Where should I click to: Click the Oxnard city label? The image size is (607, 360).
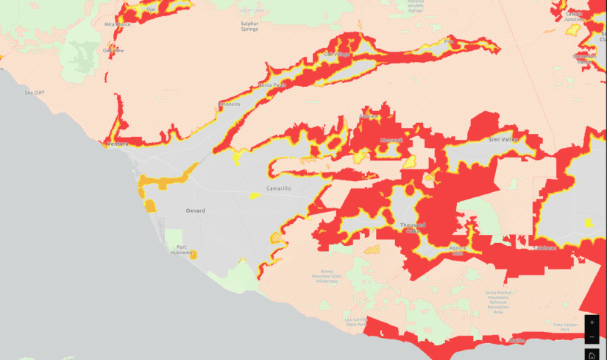point(195,211)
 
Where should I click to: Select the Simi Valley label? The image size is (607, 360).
point(505,138)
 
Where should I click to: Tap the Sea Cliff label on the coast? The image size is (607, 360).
point(35,93)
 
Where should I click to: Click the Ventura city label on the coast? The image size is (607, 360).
point(117,144)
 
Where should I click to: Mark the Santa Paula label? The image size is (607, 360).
point(271,85)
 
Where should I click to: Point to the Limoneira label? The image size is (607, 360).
point(229,105)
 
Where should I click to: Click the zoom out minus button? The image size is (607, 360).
point(592,336)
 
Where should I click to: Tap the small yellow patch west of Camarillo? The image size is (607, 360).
point(254,195)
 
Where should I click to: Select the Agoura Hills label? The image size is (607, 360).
point(457,250)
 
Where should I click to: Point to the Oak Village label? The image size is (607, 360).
point(338,54)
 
